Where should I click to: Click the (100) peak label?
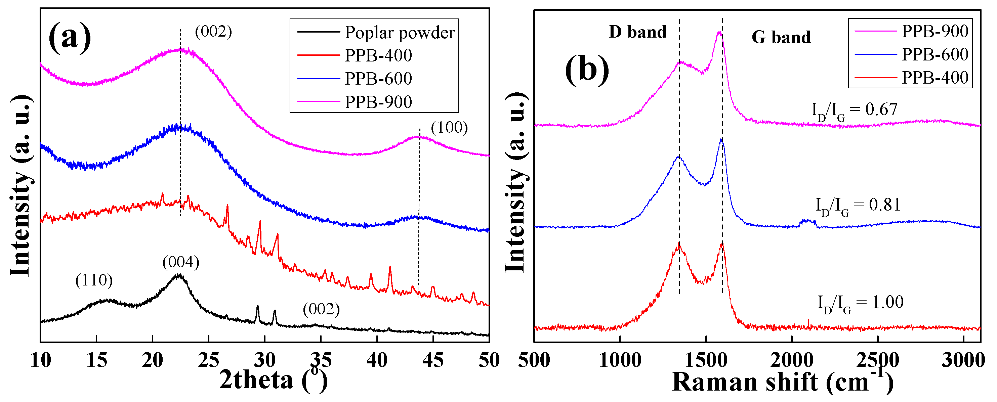coord(449,127)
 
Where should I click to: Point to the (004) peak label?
coord(181,262)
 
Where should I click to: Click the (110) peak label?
coord(94,280)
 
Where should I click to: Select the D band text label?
coord(637,32)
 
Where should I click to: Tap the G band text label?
coord(781,37)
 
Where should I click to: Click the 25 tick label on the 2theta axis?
coord(208,361)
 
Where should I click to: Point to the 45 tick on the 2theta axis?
coord(433,361)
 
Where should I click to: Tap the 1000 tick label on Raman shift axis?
coord(620,361)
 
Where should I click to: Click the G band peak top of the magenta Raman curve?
coord(719,33)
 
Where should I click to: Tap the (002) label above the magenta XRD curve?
coord(213,32)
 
